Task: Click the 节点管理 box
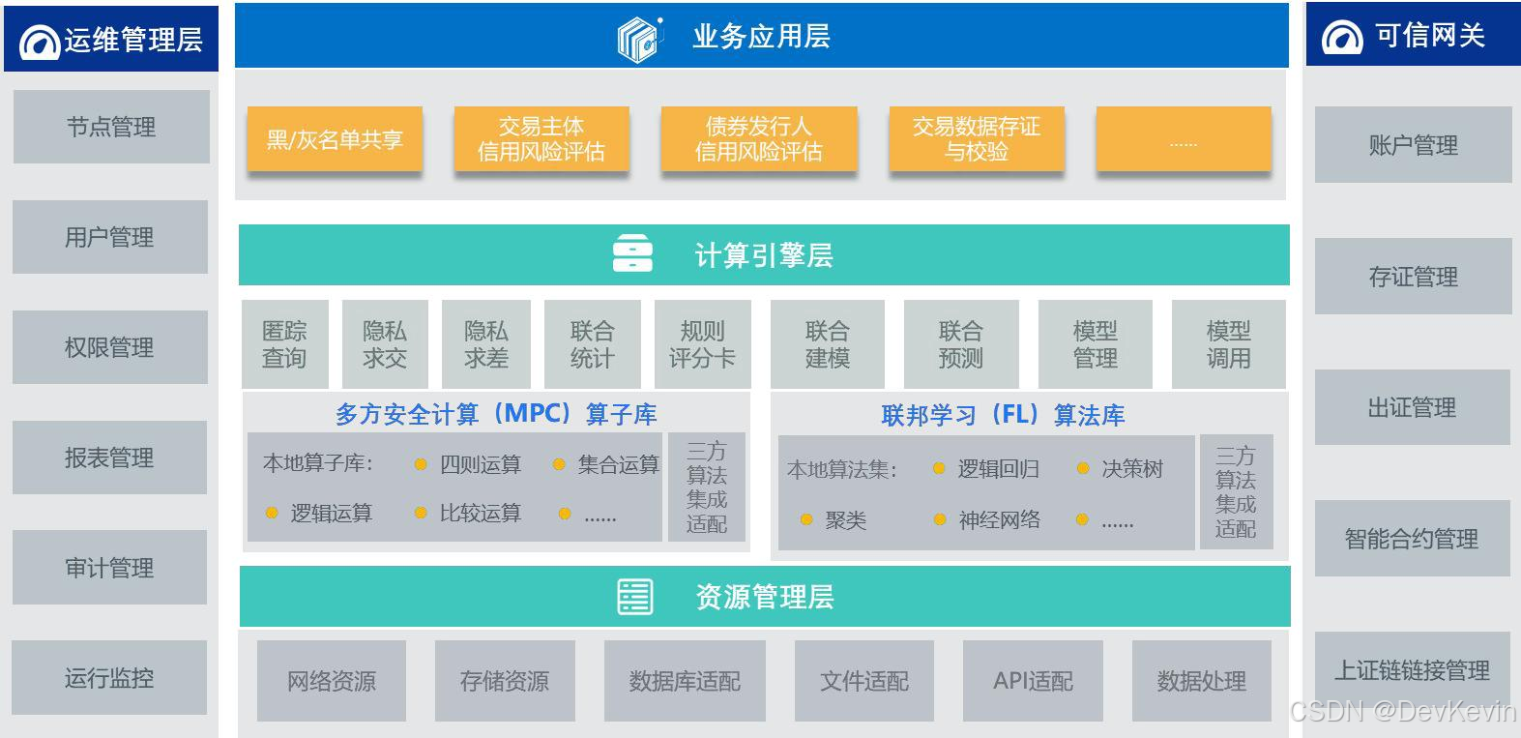111,127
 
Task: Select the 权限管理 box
109,347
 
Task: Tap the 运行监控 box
109,678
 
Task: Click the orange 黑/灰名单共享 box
335,140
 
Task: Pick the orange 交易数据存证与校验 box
977,140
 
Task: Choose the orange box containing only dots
1183,140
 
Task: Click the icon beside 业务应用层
639,39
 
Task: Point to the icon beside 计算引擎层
633,255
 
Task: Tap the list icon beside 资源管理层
635,597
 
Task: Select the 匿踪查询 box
284,344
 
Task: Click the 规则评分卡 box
702,344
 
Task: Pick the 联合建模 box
828,344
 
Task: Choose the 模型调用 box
1228,344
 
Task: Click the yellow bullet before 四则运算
421,465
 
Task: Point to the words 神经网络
1000,520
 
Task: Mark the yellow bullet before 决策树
1083,469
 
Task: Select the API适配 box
1033,681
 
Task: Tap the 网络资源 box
332,681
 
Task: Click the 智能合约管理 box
1412,539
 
